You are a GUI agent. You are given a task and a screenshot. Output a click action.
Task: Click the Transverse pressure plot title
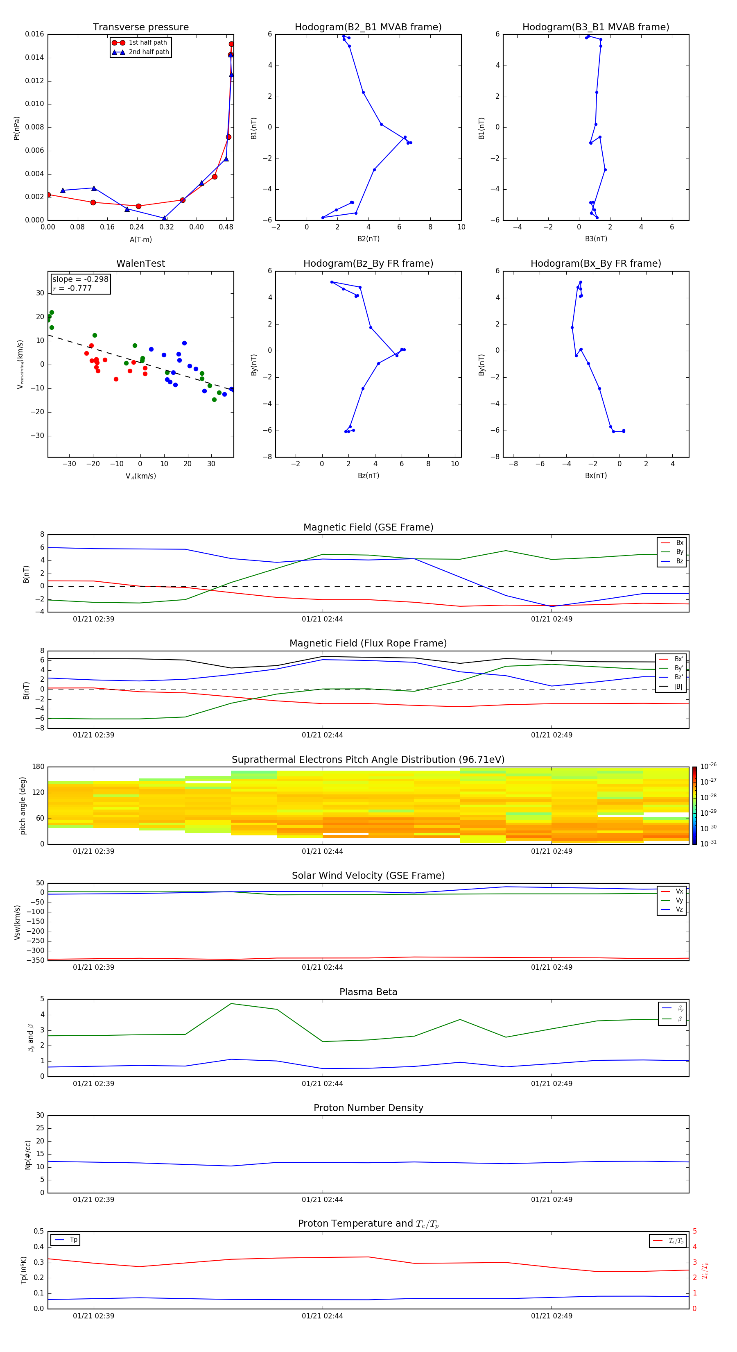140,27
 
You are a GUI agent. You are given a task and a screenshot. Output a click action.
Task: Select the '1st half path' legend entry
147,43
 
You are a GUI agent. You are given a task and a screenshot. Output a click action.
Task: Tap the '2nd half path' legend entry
149,52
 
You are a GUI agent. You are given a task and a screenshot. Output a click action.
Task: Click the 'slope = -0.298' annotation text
80,279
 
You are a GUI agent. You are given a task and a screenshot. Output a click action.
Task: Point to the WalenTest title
140,263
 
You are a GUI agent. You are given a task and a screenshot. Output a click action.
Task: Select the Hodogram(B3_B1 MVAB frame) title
595,27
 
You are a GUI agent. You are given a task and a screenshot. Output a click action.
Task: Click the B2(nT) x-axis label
368,239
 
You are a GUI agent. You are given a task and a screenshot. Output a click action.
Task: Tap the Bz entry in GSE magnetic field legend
679,561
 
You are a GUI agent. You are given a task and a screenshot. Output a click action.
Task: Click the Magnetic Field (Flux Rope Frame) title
368,644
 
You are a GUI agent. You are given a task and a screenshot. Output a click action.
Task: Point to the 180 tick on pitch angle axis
38,767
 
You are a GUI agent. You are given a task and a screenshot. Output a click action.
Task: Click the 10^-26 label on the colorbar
708,766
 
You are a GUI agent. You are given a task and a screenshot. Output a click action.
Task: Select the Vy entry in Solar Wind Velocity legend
679,901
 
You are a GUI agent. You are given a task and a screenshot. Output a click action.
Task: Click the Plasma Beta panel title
368,992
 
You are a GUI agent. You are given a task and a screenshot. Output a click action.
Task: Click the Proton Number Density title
368,1108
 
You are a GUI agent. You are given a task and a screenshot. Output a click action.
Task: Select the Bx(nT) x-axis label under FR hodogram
595,476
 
